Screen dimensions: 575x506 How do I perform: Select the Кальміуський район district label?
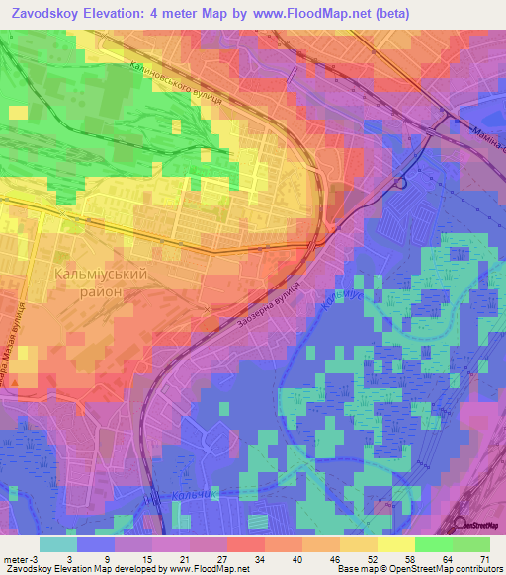click(x=94, y=283)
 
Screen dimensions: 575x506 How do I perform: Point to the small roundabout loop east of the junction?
click(x=401, y=183)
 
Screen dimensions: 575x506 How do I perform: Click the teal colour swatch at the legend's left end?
click(x=57, y=544)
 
